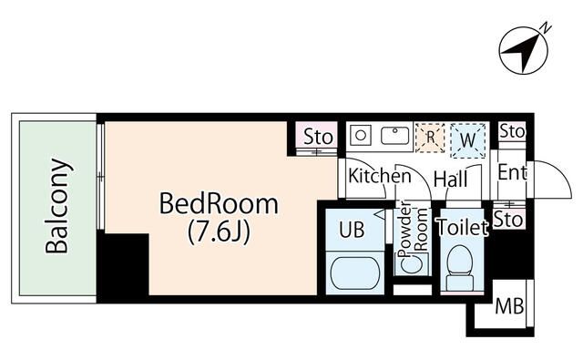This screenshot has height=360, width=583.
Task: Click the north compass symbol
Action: [x=524, y=50]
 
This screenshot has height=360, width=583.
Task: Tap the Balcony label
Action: [x=57, y=206]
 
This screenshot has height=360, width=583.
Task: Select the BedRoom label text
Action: [x=219, y=203]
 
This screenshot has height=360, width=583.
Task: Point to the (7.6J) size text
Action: [x=219, y=231]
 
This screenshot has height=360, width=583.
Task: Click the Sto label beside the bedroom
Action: [x=318, y=137]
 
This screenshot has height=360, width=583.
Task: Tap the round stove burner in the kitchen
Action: [x=361, y=136]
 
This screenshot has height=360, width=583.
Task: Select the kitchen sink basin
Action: [x=394, y=136]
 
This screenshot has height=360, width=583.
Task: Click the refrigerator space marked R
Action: [x=430, y=138]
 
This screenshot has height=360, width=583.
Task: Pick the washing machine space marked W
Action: [x=467, y=139]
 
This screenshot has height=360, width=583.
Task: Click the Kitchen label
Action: [x=380, y=176]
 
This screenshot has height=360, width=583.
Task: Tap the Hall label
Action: [x=451, y=180]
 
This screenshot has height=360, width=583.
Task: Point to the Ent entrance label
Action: [x=512, y=172]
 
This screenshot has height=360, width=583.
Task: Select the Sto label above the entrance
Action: [x=512, y=131]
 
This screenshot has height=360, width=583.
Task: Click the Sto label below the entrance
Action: [x=508, y=221]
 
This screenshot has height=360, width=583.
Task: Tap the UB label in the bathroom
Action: [x=352, y=230]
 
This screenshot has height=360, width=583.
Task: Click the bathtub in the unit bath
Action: [x=355, y=273]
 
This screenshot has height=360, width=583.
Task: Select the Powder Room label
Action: [x=413, y=230]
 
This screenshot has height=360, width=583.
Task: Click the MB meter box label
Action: [x=510, y=306]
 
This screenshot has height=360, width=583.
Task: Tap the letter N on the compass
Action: [x=546, y=28]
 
